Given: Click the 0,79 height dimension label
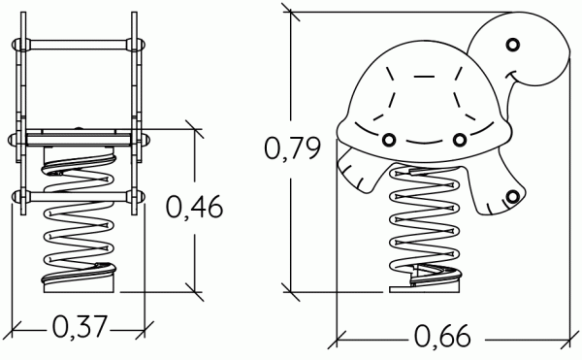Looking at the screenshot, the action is pos(292,148).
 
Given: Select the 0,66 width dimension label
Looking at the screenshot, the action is pos(442,337).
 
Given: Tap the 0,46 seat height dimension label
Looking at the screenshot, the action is pos(194,207).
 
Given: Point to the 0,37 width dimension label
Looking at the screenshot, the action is pos(80,327).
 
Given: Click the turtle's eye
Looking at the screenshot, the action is pos(512,45).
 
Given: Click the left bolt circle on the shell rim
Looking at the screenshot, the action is pos(389,140).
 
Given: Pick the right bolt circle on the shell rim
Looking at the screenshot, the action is pos(460,140).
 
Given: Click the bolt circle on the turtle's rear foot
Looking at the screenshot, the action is pos(512,196).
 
